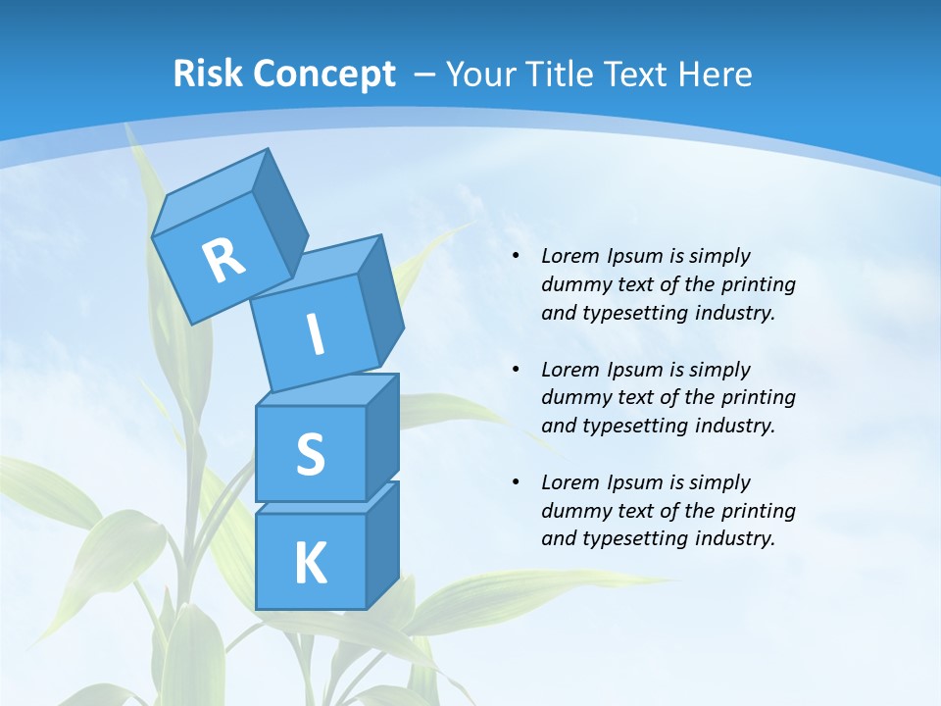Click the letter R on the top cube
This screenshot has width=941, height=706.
[223, 260]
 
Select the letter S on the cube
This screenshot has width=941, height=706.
[310, 454]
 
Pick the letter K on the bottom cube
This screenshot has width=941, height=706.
[310, 564]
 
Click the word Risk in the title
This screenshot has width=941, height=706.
[208, 74]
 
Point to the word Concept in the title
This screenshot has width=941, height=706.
[323, 75]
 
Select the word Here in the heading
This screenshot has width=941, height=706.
[715, 74]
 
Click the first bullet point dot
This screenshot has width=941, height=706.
[516, 256]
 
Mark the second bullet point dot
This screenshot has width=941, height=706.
[516, 370]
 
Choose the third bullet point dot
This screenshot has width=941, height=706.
[516, 482]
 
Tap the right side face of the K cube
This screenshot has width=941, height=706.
[383, 544]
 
